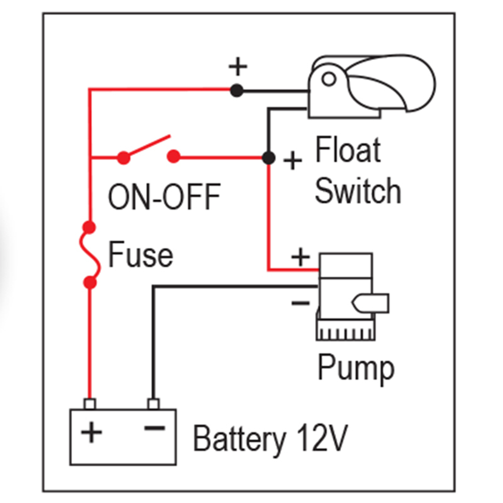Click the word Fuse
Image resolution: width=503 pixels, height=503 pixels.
[141, 256]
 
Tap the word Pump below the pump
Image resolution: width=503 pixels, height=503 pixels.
[355, 370]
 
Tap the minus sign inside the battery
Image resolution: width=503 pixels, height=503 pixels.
[154, 428]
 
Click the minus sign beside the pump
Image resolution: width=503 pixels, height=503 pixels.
[300, 302]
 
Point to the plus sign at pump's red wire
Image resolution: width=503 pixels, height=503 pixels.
[300, 258]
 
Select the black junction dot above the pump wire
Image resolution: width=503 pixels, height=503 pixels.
[269, 158]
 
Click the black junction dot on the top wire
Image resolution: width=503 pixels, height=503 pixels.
[236, 91]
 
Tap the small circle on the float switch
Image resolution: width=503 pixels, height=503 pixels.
[329, 78]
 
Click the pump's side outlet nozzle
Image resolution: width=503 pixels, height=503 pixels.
[372, 303]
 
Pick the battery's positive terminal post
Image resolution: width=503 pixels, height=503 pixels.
[90, 403]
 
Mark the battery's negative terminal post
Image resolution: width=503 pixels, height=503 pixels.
[153, 403]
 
